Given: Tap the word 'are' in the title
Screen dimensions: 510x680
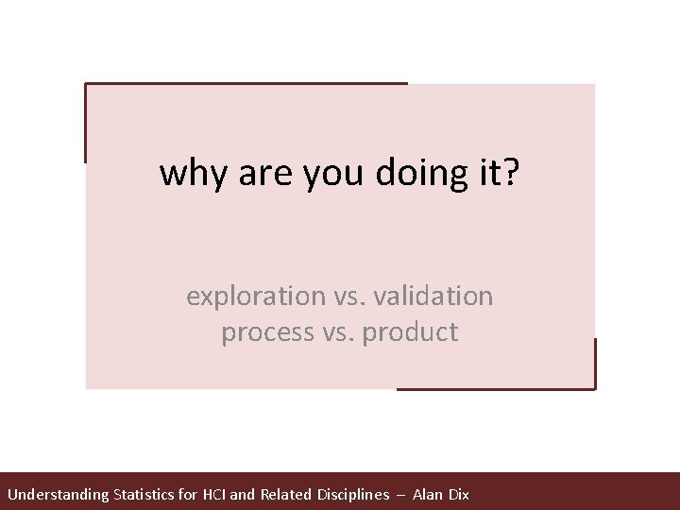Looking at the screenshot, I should click(x=259, y=175).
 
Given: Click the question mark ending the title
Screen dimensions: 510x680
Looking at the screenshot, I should click(x=510, y=173).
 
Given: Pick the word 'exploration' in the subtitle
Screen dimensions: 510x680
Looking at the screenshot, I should click(x=255, y=297).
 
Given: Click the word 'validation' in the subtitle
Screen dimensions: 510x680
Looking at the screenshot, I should click(x=435, y=296).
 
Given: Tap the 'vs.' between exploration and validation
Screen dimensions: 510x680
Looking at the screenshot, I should click(x=352, y=297).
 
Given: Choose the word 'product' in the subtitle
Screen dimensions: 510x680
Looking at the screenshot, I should click(x=412, y=333).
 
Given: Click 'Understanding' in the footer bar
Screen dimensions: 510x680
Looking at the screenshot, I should click(x=58, y=495).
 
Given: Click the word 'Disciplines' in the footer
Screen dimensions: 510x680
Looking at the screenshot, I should click(x=354, y=494).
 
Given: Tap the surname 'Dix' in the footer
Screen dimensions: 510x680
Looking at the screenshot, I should click(x=459, y=494).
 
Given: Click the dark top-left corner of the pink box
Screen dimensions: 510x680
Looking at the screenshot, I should click(x=87, y=85).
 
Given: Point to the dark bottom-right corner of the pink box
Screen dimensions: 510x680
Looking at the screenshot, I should click(x=594, y=387).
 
